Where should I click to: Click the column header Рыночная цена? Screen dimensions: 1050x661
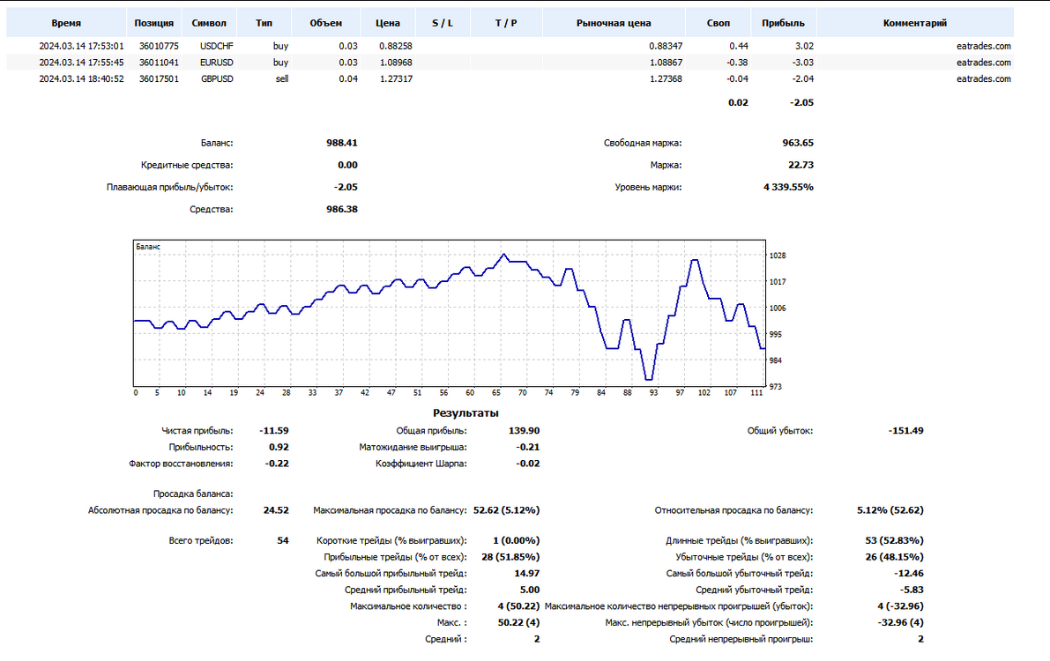coord(614,23)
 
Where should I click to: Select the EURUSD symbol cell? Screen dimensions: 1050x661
coord(216,63)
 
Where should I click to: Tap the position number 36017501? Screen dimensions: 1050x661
coord(159,78)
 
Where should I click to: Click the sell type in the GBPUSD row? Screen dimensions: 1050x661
coord(282,78)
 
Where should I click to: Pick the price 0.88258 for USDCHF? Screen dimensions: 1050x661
coord(396,46)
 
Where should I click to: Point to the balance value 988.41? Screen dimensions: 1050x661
coord(341,143)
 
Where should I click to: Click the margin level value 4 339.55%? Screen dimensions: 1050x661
coord(788,187)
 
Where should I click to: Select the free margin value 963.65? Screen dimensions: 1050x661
coord(798,143)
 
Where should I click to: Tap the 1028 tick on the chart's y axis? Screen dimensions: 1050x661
coord(778,256)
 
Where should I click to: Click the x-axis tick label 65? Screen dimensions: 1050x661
coord(496,392)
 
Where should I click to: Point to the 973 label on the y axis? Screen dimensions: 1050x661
coord(776,386)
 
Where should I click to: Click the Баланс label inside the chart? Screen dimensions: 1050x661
coord(148,247)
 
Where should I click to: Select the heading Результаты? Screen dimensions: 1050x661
coord(465,413)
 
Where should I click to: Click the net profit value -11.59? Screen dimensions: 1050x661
coord(274,431)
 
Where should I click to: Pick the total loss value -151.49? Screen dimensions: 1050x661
coord(906,431)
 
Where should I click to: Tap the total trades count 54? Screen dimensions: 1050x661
coord(283,540)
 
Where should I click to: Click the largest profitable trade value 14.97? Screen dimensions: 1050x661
coord(527,573)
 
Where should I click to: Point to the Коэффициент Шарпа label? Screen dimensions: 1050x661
coord(421,464)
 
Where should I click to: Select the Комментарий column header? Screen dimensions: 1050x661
coord(915,23)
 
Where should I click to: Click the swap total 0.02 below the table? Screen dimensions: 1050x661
coord(738,102)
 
